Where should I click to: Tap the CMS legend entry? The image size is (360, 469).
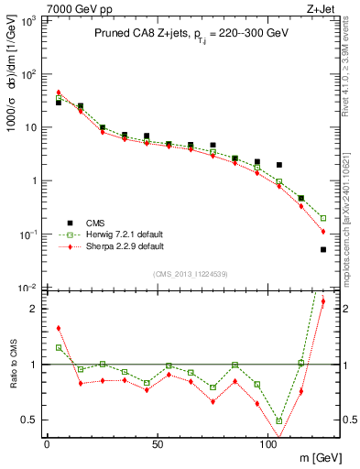pyautogui.click(x=94, y=222)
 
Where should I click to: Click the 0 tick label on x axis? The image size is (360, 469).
pyautogui.click(x=47, y=445)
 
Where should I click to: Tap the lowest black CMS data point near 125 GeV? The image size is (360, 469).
pyautogui.click(x=323, y=249)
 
